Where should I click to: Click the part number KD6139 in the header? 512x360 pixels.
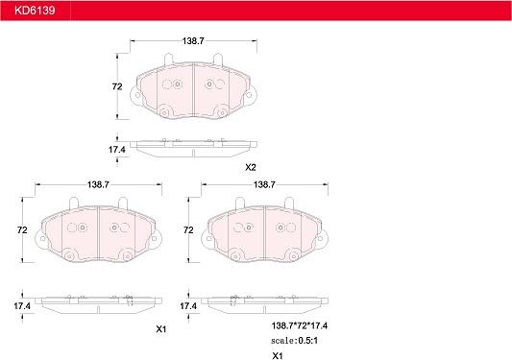tap(35, 11)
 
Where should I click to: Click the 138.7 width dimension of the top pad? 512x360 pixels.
tap(193, 41)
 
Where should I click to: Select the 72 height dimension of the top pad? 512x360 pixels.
tap(117, 86)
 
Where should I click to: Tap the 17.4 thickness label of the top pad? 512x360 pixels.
tap(117, 150)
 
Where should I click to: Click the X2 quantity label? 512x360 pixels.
tap(251, 167)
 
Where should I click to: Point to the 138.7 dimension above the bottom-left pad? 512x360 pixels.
tap(98, 184)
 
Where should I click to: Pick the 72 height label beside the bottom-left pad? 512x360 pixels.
tap(22, 230)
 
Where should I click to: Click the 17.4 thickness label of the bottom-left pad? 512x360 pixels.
tap(22, 306)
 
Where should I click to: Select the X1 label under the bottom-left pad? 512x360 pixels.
tap(161, 329)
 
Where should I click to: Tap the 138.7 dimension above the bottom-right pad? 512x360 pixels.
tap(264, 184)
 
